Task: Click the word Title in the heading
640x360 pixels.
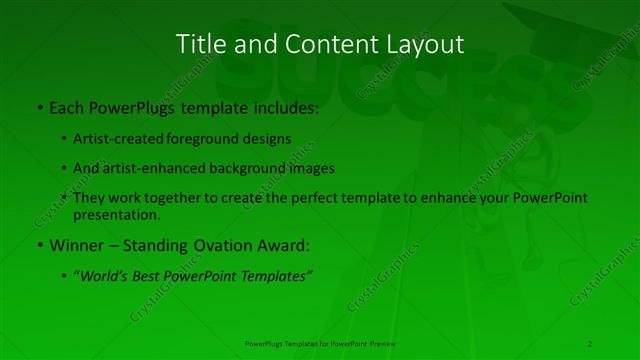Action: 199,44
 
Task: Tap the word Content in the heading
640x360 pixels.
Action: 322,44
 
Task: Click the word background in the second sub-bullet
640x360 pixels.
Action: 257,168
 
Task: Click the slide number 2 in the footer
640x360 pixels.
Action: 590,343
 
